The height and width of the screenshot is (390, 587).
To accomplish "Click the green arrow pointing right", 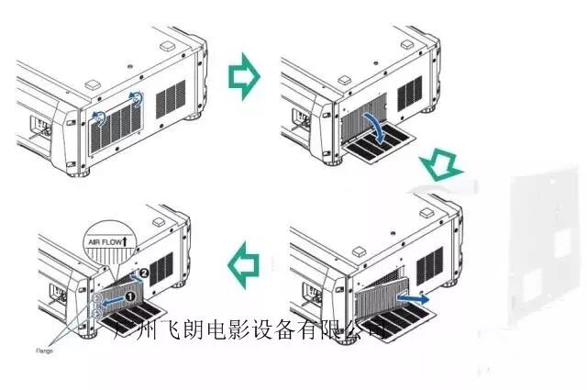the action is pos(243,79).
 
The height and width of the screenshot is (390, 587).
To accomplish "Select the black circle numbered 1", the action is pos(130,295).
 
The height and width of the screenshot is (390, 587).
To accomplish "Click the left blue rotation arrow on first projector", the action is pos(98,117).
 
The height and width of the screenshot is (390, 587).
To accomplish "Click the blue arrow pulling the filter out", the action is pos(418,298).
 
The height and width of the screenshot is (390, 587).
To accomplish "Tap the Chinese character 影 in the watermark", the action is pos(251,331).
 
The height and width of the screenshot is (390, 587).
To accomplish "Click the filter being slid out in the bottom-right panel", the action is pos(376,292).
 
